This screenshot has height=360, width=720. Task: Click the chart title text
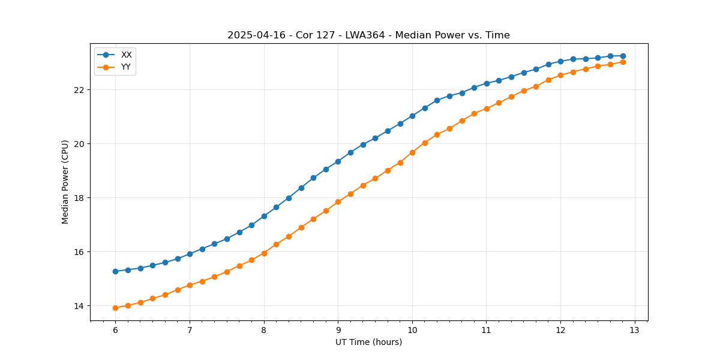368,35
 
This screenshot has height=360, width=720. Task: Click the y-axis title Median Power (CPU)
65,182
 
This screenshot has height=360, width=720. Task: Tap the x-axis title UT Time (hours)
368,342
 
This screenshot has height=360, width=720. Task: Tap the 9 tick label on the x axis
338,330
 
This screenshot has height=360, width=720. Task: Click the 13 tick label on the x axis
635,330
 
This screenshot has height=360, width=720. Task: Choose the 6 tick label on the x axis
115,330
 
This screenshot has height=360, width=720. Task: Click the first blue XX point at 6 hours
115,271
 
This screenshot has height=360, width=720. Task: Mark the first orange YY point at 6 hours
115,308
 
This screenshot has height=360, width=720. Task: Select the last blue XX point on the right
623,56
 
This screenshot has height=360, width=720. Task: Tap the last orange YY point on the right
623,62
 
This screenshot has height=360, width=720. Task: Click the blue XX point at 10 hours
412,116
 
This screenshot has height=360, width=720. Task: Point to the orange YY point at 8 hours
264,253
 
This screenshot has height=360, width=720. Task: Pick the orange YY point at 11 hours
487,109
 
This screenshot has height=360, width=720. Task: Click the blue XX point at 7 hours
190,254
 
